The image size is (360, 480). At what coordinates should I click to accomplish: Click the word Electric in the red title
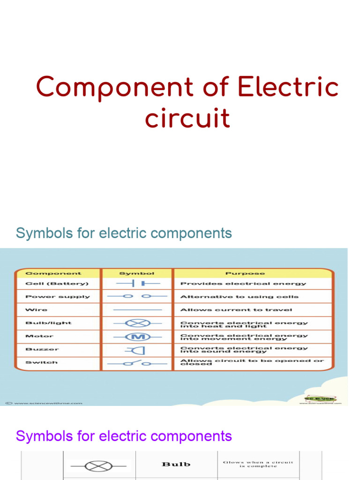click(x=287, y=88)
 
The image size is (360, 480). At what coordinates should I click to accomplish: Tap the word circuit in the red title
click(x=187, y=118)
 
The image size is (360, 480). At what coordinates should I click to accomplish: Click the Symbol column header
click(x=137, y=273)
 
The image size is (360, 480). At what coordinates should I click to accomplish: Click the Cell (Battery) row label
click(x=56, y=284)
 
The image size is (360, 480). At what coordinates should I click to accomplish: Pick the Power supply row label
click(x=57, y=297)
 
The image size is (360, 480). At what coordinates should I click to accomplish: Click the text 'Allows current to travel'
click(x=236, y=310)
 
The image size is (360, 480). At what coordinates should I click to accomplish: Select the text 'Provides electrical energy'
click(x=243, y=284)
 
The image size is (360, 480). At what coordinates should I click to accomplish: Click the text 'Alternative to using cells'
click(x=239, y=297)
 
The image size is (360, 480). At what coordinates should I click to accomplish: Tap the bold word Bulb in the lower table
click(x=176, y=464)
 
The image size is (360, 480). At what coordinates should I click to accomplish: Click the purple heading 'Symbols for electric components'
click(x=124, y=436)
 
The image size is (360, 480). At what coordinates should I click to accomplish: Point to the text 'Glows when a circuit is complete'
click(x=258, y=464)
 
